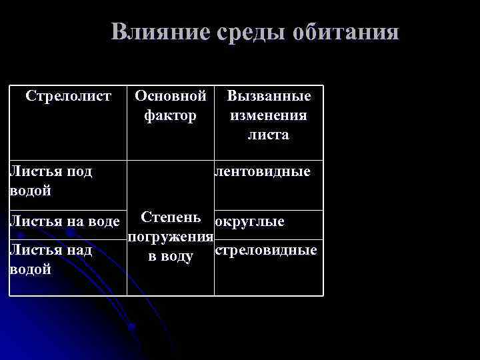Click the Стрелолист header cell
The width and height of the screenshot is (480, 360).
(68, 96)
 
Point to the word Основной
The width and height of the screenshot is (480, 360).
(171, 96)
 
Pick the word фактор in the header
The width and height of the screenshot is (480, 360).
(171, 115)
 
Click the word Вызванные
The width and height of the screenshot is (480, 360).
(269, 96)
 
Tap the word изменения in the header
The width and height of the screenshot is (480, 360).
(269, 115)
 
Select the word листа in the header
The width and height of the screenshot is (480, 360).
(269, 135)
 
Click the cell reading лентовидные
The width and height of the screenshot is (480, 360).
(263, 172)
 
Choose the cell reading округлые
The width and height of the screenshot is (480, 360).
(250, 221)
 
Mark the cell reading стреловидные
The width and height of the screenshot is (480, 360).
(266, 250)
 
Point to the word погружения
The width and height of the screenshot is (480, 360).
(171, 237)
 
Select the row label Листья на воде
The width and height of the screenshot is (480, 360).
(64, 221)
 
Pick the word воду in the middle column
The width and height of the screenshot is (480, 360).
(177, 257)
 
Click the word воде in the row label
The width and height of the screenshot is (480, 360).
(103, 221)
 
